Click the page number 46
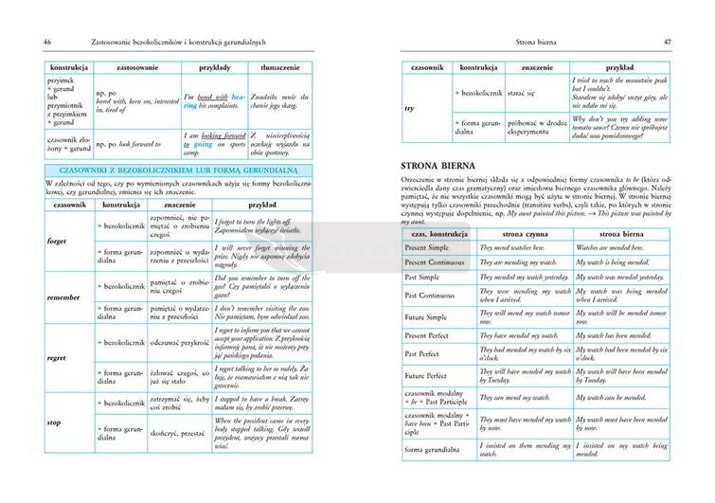34,41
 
